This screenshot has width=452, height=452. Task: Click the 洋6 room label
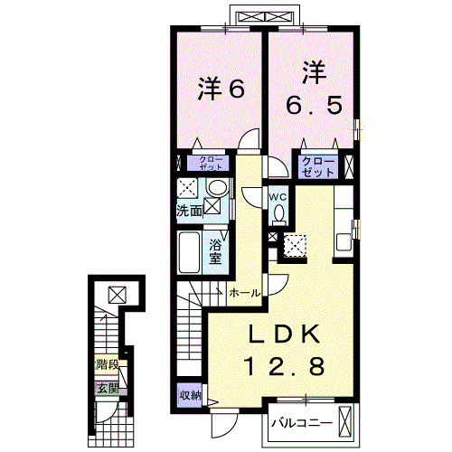222,89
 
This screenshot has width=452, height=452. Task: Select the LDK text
286,335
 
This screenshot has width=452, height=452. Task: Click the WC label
278,195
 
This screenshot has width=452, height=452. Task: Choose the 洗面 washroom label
189,211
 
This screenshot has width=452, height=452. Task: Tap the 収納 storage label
190,395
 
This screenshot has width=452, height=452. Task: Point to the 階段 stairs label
108,366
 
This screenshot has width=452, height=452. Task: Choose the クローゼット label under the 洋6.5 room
320,165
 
